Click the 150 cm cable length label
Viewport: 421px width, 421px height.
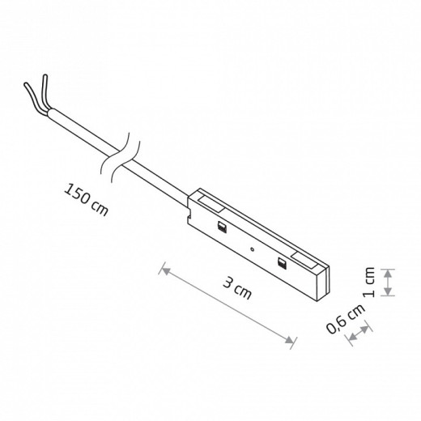click(86, 199)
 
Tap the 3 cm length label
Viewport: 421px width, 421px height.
click(237, 288)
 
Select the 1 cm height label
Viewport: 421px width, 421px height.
click(369, 283)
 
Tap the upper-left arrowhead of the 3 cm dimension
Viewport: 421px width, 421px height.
click(166, 270)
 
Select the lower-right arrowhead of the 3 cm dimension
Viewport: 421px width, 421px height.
click(290, 340)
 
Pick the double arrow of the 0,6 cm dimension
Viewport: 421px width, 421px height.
click(359, 333)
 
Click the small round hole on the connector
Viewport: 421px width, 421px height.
click(252, 249)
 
